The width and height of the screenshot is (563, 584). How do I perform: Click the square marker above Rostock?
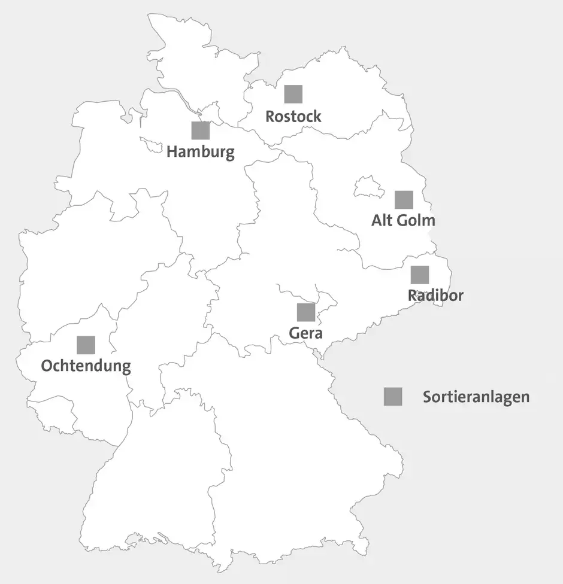coord(293,94)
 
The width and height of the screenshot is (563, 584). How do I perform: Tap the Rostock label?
coord(293,116)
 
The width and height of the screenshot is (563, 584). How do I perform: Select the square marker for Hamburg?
coord(201,130)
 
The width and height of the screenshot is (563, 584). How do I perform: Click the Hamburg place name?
coord(201,152)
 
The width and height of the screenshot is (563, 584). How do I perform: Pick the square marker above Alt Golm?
coord(404,200)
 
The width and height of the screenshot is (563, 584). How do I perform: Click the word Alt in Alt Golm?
coord(383,220)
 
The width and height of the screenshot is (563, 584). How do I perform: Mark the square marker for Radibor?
coord(420,275)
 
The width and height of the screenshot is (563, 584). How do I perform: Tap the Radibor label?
coord(435,295)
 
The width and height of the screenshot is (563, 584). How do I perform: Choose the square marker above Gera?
coord(306,312)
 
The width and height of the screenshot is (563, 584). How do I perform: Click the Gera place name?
coord(306,333)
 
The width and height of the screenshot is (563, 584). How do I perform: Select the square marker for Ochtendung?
coord(86,345)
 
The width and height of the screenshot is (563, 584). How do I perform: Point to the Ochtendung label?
coord(86,366)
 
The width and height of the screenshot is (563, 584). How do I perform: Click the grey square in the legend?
coord(393,397)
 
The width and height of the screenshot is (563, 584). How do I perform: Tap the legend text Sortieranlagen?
coord(476,397)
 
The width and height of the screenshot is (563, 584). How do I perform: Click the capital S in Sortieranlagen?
coord(428,397)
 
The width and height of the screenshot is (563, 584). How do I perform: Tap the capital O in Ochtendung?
coord(47,366)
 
